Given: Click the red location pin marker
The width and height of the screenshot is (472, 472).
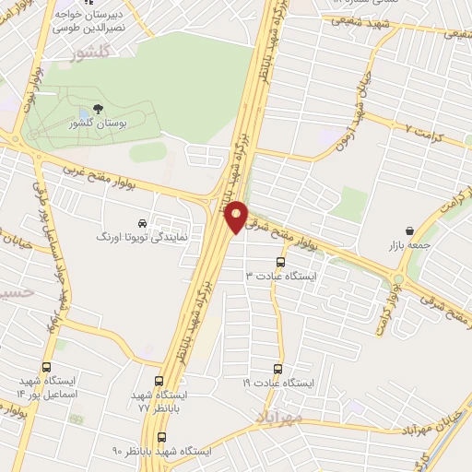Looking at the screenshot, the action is click(237, 215).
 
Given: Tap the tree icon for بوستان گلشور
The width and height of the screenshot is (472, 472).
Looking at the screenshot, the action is click(98, 108).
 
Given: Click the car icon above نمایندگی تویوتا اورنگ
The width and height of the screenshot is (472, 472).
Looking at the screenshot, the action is click(141, 223).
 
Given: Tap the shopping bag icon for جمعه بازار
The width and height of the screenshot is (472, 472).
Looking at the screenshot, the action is click(408, 230).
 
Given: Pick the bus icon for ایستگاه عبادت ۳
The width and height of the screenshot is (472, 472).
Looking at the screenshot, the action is click(280, 261).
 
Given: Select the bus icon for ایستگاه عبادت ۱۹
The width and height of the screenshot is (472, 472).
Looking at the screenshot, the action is click(280, 368).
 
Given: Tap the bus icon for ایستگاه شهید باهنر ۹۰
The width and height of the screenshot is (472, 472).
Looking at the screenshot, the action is click(162, 438).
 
